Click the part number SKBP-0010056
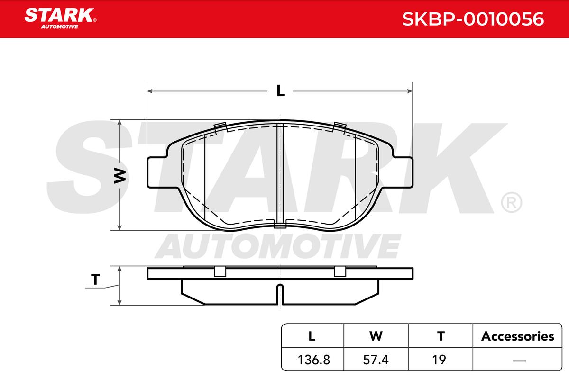pos(473,19)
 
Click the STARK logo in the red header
pos(60,18)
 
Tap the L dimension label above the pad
pos(280,90)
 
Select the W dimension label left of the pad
pos(120,175)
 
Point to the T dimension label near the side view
pos(95,280)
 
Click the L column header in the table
pos(312,336)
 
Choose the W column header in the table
pos(376,336)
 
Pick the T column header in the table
pos(441,336)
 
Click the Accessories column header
pos(518,336)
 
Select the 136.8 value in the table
pos(314,360)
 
